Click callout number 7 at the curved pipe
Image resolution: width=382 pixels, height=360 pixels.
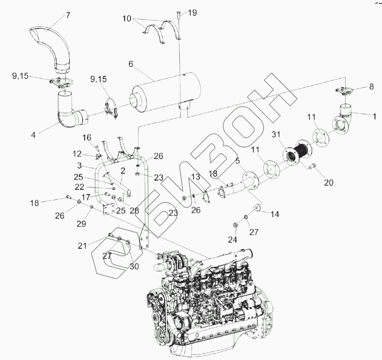point(68,15)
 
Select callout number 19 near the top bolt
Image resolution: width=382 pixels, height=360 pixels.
point(191,13)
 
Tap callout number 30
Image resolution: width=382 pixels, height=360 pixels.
point(134,266)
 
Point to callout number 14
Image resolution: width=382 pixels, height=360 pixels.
point(274,214)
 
